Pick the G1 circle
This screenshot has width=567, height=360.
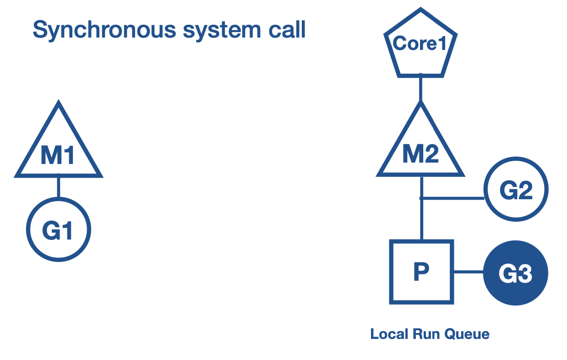click(58, 230)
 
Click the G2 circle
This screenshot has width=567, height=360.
click(516, 190)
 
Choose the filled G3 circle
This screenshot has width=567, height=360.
click(516, 273)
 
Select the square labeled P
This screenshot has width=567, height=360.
click(421, 272)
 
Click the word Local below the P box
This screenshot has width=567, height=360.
click(388, 334)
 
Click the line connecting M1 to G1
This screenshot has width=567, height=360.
click(58, 187)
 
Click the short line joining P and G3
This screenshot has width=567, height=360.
click(468, 272)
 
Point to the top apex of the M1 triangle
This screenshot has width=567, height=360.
click(58, 104)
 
